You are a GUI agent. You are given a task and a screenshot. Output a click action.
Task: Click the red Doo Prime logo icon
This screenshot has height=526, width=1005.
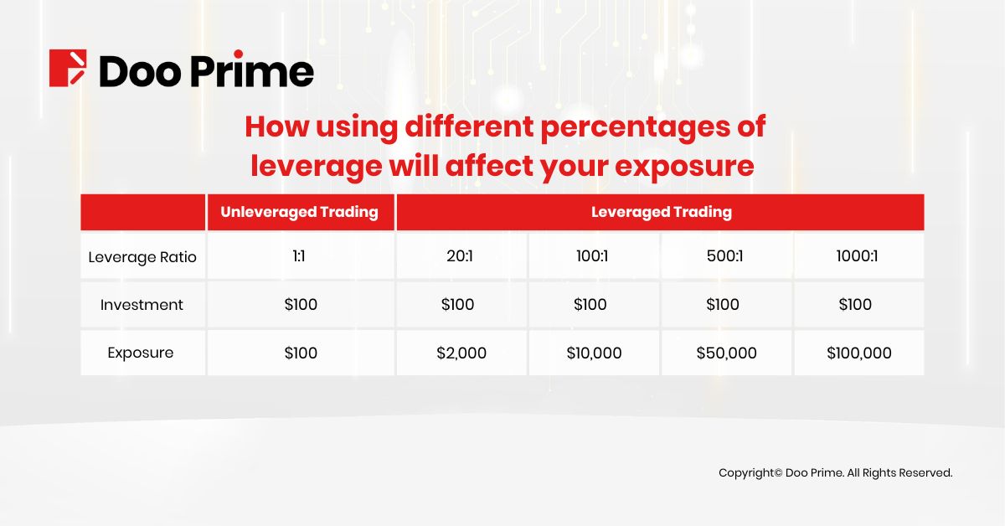coord(68,68)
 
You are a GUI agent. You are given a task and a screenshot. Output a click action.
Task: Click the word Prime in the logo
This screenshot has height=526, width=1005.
coord(252,70)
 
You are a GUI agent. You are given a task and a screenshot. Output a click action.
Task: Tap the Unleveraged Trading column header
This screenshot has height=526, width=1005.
coord(300,212)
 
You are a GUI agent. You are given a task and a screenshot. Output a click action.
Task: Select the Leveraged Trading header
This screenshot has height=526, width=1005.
coord(661,212)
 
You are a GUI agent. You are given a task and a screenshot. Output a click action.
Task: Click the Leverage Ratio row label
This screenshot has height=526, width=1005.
coord(142,257)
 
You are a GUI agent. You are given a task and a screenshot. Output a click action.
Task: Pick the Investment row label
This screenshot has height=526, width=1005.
coord(142,305)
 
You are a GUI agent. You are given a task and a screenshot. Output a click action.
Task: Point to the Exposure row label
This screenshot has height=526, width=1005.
coord(141,353)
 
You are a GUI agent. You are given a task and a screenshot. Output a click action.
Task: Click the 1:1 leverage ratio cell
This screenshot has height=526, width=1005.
coord(300,256)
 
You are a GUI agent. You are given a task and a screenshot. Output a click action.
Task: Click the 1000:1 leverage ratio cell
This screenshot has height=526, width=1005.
coord(858,256)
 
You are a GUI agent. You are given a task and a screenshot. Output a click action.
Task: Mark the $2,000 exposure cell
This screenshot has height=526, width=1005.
coord(461,353)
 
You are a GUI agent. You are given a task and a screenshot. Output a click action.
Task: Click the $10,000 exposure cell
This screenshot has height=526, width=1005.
coord(594,353)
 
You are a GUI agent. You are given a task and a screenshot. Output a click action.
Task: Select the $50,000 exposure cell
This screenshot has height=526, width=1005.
coord(726,353)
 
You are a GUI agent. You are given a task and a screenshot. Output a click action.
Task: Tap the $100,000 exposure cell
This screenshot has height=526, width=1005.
coord(858,353)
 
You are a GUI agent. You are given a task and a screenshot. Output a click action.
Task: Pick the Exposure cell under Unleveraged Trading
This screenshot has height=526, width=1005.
coord(301,353)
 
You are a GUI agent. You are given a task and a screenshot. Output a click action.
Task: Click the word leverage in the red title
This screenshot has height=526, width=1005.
coord(313,166)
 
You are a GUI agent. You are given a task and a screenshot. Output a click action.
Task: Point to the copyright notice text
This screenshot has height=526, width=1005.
coord(835,473)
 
